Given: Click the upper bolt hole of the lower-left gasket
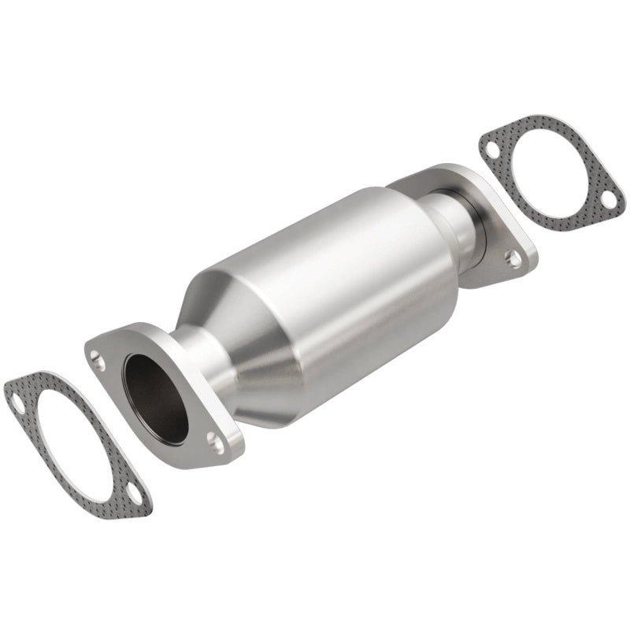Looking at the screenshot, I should click(x=17, y=404).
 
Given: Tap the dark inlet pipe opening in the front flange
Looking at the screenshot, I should click(x=156, y=398).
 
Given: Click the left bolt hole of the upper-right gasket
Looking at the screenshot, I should click(x=491, y=150).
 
